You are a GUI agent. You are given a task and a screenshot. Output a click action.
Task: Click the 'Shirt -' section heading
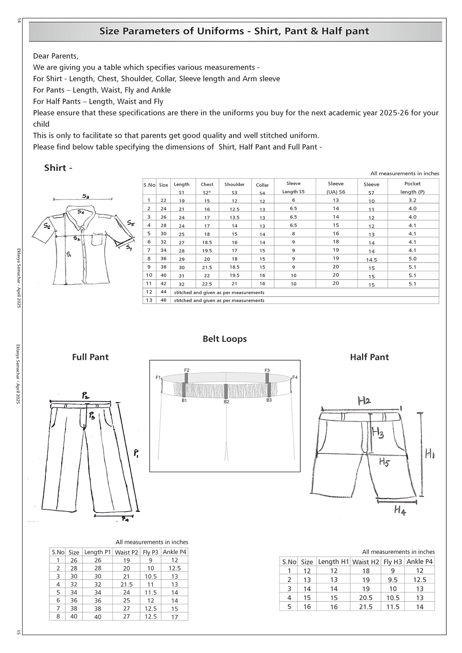[58, 168]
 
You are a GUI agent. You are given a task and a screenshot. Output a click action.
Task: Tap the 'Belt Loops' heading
[225, 339]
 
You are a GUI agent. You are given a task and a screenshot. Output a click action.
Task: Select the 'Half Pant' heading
[369, 357]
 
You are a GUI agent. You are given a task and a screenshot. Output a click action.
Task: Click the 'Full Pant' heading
[90, 357]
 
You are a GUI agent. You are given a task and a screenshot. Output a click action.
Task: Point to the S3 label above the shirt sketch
[86, 196]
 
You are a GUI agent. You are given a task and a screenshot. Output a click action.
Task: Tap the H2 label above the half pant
[364, 401]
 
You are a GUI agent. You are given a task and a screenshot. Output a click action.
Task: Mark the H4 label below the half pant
[400, 511]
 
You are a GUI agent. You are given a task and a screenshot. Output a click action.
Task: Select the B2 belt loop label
[226, 402]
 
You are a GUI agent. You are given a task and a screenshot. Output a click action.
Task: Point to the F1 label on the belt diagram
[159, 377]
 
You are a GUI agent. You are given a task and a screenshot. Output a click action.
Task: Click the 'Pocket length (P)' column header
[412, 187]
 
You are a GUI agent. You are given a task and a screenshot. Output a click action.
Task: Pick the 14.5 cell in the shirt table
[371, 260]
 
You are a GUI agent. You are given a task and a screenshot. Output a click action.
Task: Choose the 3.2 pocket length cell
[412, 200]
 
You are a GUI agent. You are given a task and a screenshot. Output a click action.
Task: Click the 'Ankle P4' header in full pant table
[174, 552]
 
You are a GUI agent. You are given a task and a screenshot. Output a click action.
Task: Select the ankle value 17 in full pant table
[174, 617]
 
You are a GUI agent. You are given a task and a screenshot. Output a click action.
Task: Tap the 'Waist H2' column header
[366, 562]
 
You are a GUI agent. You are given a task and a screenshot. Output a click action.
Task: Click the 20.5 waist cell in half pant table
[366, 598]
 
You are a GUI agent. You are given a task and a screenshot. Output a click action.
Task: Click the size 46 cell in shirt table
[163, 300]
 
